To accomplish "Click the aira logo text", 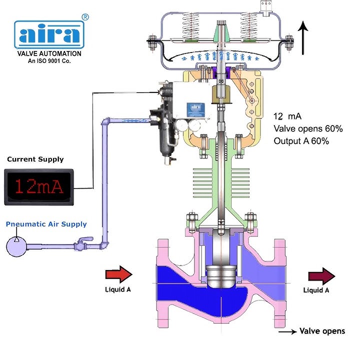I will pyautogui.click(x=48, y=33).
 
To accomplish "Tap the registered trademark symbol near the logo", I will pyautogui.click(x=85, y=17).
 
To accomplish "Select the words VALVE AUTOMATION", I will pyautogui.click(x=48, y=53).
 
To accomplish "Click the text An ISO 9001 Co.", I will pyautogui.click(x=48, y=61).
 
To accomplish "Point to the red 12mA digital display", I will pyautogui.click(x=39, y=186).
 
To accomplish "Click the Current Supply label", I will pyautogui.click(x=35, y=159).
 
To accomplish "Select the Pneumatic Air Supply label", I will pyautogui.click(x=46, y=224).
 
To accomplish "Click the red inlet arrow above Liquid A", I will pyautogui.click(x=118, y=274).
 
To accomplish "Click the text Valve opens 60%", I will pyautogui.click(x=307, y=129).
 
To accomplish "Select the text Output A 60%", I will pyautogui.click(x=301, y=141).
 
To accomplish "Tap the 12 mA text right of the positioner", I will pyautogui.click(x=287, y=116).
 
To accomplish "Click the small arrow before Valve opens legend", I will pyautogui.click(x=286, y=331).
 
